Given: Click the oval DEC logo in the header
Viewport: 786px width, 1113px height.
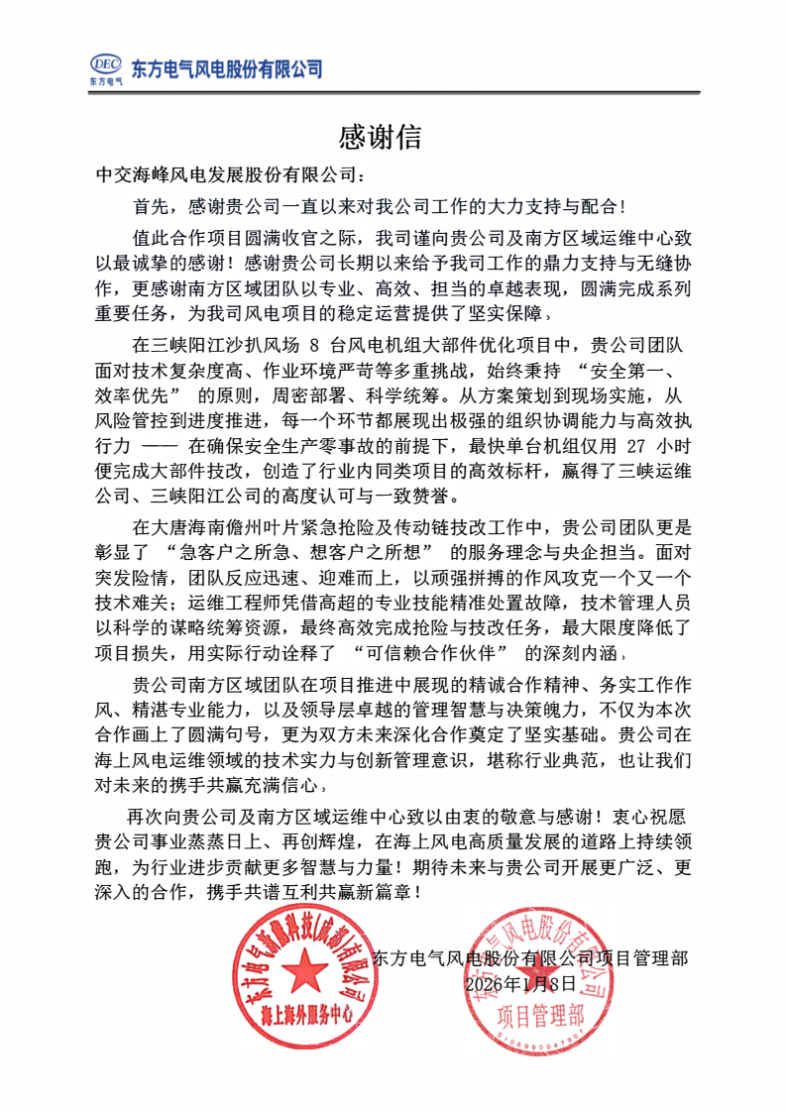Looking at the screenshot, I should click(x=105, y=62).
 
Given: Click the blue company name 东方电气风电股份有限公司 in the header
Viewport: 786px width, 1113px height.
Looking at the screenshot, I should click(x=227, y=68).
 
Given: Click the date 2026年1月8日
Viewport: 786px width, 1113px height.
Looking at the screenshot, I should click(x=519, y=983).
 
